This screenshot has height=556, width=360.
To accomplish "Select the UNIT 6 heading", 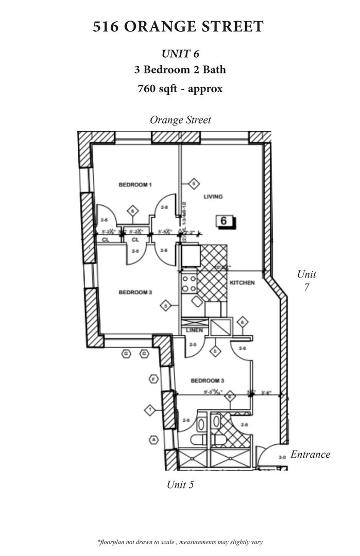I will (180, 54).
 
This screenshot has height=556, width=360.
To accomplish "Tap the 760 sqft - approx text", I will (180, 88).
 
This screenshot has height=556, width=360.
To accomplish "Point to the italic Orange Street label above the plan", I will (180, 120).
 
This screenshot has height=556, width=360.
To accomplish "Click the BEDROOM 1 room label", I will (135, 184).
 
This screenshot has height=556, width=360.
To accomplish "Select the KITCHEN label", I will (242, 283).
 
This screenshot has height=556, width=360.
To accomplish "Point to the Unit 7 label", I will (306, 281).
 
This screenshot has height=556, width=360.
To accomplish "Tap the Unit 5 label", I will (180, 484).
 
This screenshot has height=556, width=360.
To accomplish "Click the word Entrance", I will (311, 455).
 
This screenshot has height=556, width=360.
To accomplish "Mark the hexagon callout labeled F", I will (153, 379).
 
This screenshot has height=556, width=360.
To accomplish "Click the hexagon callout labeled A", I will (153, 440).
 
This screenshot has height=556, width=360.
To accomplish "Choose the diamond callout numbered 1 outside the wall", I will (149, 410).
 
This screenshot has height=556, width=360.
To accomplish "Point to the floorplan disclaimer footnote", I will (180, 542).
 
